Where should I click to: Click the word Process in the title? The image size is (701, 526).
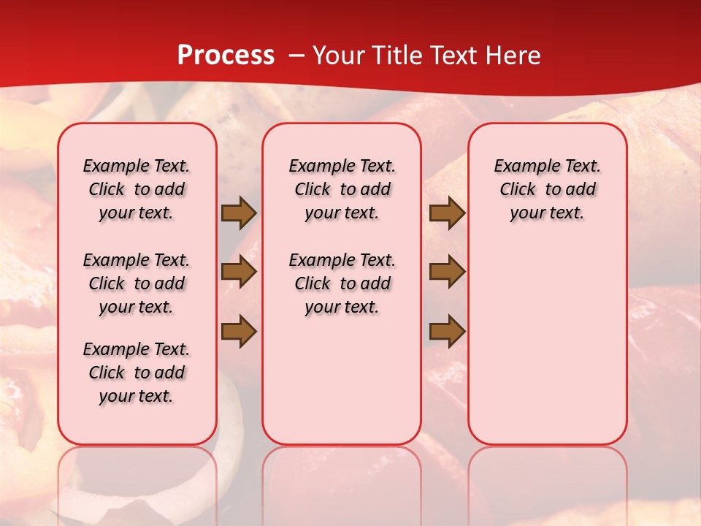pyautogui.click(x=226, y=56)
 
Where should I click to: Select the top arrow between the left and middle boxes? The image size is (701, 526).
pyautogui.click(x=239, y=213)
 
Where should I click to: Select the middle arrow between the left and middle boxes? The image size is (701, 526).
pyautogui.click(x=239, y=272)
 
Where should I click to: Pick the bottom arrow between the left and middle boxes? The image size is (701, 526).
pyautogui.click(x=239, y=332)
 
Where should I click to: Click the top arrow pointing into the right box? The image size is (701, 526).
pyautogui.click(x=447, y=213)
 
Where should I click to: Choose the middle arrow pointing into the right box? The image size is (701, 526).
pyautogui.click(x=447, y=272)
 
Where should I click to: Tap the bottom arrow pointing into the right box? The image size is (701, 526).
pyautogui.click(x=447, y=332)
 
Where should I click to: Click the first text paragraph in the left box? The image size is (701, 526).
pyautogui.click(x=137, y=189)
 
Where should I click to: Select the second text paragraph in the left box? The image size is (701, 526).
pyautogui.click(x=137, y=283)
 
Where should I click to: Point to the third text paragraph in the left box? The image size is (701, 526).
pyautogui.click(x=137, y=373)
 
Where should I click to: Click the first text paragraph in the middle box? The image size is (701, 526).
pyautogui.click(x=342, y=189)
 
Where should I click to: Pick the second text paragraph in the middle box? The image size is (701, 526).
pyautogui.click(x=342, y=283)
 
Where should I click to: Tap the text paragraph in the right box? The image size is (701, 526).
pyautogui.click(x=547, y=189)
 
